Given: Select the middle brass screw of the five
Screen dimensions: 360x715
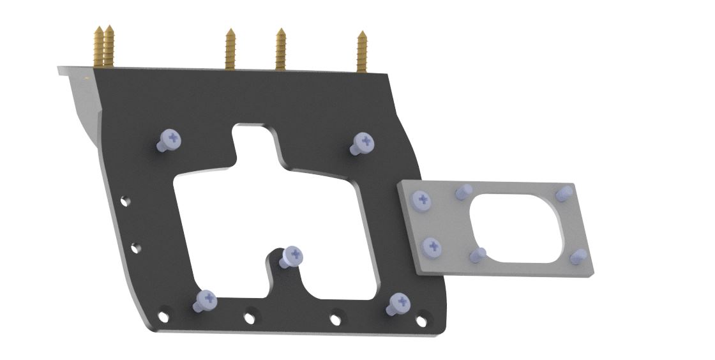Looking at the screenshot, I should point(231,49).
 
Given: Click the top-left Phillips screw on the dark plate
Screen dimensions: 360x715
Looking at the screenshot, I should point(170,139).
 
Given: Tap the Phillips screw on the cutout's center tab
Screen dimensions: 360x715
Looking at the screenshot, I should point(293,255).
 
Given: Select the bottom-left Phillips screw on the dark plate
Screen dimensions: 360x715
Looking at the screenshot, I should point(206,299).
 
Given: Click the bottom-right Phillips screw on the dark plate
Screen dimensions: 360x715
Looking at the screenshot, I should point(399,303).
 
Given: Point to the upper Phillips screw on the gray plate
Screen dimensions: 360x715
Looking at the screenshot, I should point(422,200).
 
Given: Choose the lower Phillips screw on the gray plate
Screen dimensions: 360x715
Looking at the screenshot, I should point(433,246).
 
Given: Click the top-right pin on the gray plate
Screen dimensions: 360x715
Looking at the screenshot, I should point(564,192).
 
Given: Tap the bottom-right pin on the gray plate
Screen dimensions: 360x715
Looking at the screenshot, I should point(578,256).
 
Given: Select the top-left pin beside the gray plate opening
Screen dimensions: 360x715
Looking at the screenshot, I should point(463,191).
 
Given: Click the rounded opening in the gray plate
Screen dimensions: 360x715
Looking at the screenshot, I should point(517,227).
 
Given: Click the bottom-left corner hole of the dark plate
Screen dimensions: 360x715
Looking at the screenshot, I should point(164,315).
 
